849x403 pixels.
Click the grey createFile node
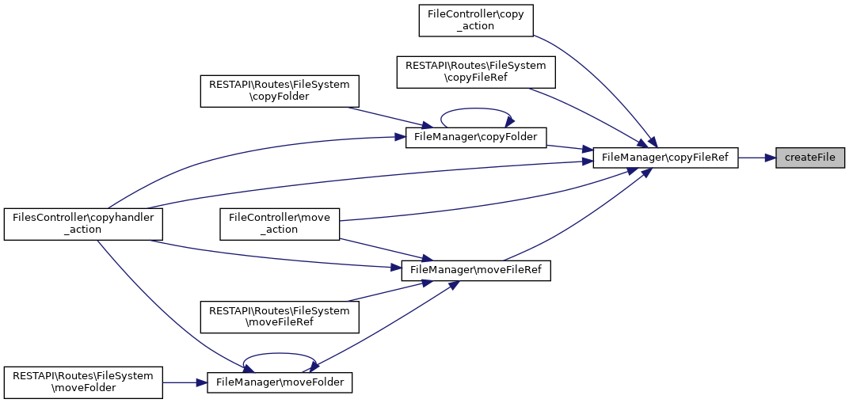pos(809,158)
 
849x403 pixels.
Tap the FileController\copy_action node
pos(477,21)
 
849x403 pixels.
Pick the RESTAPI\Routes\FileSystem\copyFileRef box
pos(476,72)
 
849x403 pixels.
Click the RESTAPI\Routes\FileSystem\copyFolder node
pos(280,91)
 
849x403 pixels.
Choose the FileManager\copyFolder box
pos(476,138)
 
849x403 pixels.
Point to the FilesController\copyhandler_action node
pos(83,224)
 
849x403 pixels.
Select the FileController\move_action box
pos(280,224)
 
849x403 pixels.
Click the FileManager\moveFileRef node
pos(476,270)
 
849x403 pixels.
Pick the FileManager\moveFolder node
pos(280,382)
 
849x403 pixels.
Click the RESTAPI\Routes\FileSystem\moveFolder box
pos(83,382)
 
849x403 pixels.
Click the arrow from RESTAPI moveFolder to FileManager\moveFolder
pos(185,382)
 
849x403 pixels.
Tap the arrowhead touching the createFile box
pos(771,158)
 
